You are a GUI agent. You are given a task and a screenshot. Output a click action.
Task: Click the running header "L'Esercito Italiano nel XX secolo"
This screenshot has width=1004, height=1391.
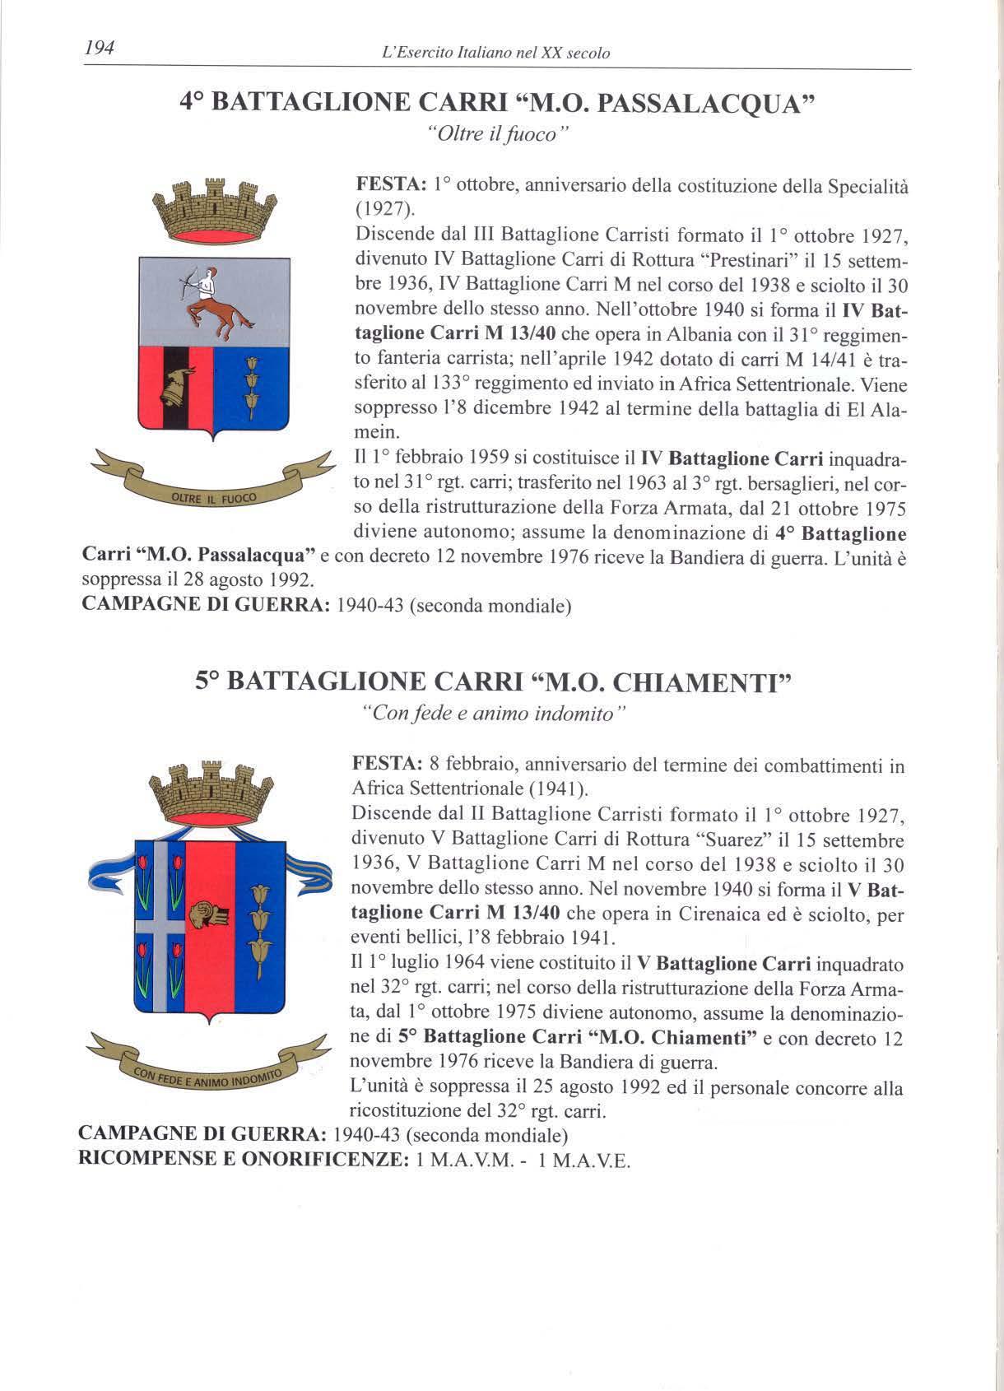[x=490, y=53]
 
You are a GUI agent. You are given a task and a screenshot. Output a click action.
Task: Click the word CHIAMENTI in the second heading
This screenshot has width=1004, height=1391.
[x=697, y=682]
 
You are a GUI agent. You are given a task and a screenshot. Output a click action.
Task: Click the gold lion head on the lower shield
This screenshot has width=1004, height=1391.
[x=201, y=914]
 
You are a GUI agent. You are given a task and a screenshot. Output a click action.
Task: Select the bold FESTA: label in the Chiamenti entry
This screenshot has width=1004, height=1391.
[x=382, y=765]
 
